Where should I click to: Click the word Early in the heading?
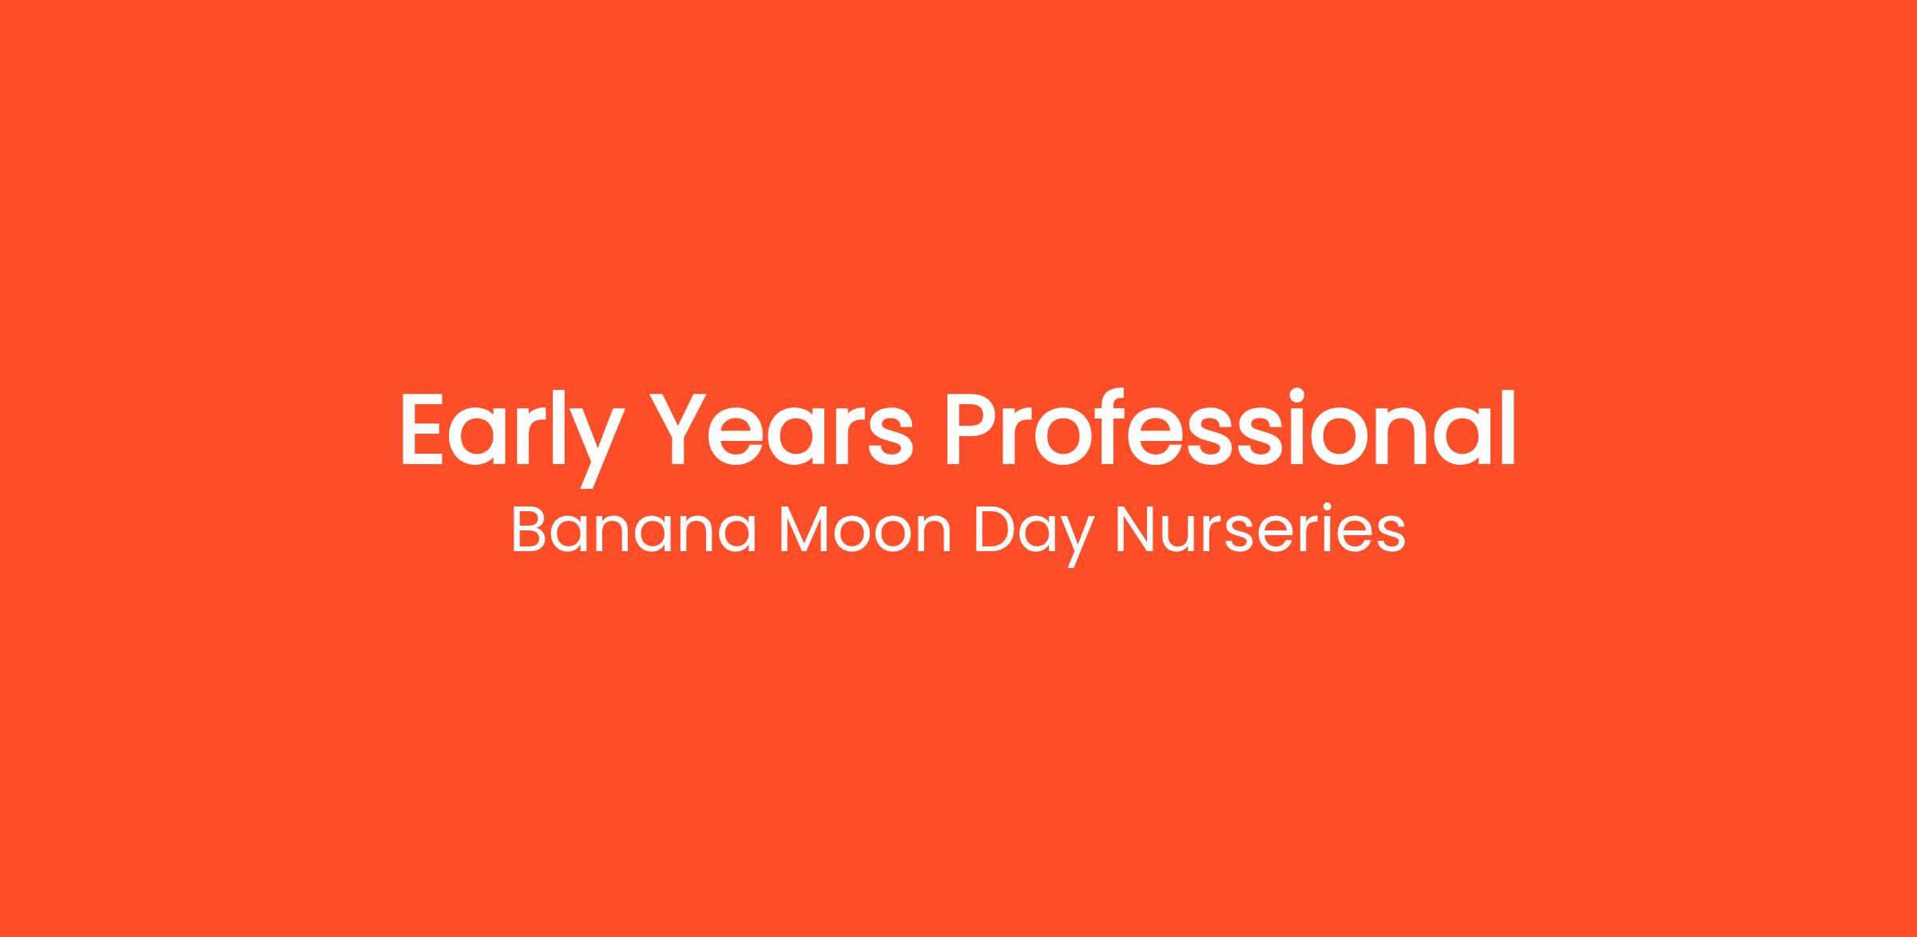point(512,436)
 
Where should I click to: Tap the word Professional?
point(1230,428)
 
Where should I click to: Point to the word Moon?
point(865,530)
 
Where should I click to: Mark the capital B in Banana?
point(528,530)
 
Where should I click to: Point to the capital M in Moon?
point(804,530)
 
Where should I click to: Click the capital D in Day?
point(996,530)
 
